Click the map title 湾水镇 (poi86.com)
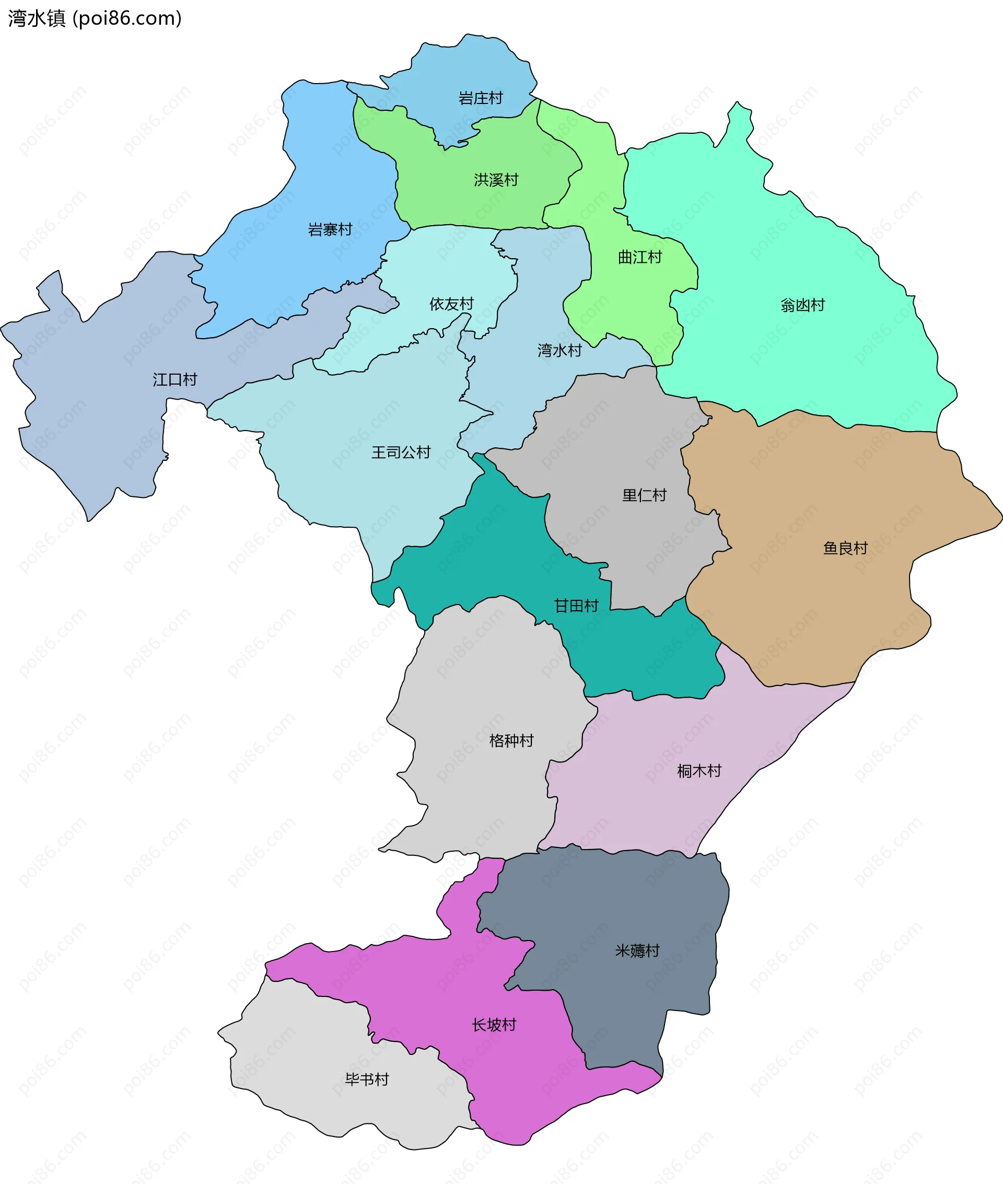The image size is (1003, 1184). [95, 18]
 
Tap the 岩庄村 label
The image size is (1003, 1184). [481, 98]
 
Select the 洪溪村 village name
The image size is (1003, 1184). [496, 180]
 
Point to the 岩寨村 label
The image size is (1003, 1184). [330, 230]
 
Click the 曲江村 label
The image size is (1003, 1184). [639, 258]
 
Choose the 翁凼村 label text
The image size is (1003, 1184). [802, 305]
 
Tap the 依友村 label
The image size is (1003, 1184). [451, 304]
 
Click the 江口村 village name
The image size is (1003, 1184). [174, 380]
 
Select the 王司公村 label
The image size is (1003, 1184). [401, 452]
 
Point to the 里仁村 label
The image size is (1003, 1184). [644, 495]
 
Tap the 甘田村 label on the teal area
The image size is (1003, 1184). [576, 606]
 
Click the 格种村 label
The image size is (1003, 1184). [511, 740]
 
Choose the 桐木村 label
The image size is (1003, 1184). [699, 771]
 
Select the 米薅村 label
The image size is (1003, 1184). [637, 951]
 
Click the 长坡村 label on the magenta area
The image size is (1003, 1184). [494, 1025]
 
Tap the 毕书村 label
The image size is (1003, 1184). [367, 1079]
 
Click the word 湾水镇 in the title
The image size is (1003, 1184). [37, 18]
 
